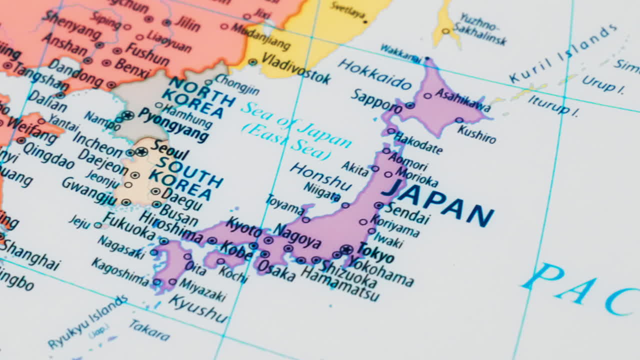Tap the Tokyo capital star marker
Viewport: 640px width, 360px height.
click(x=346, y=249)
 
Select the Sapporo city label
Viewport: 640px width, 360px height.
click(x=376, y=100)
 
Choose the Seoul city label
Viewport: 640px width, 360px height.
click(x=170, y=149)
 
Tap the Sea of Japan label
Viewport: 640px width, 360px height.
click(x=295, y=131)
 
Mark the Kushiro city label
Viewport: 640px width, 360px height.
click(x=476, y=133)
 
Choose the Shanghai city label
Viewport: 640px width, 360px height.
click(x=30, y=255)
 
